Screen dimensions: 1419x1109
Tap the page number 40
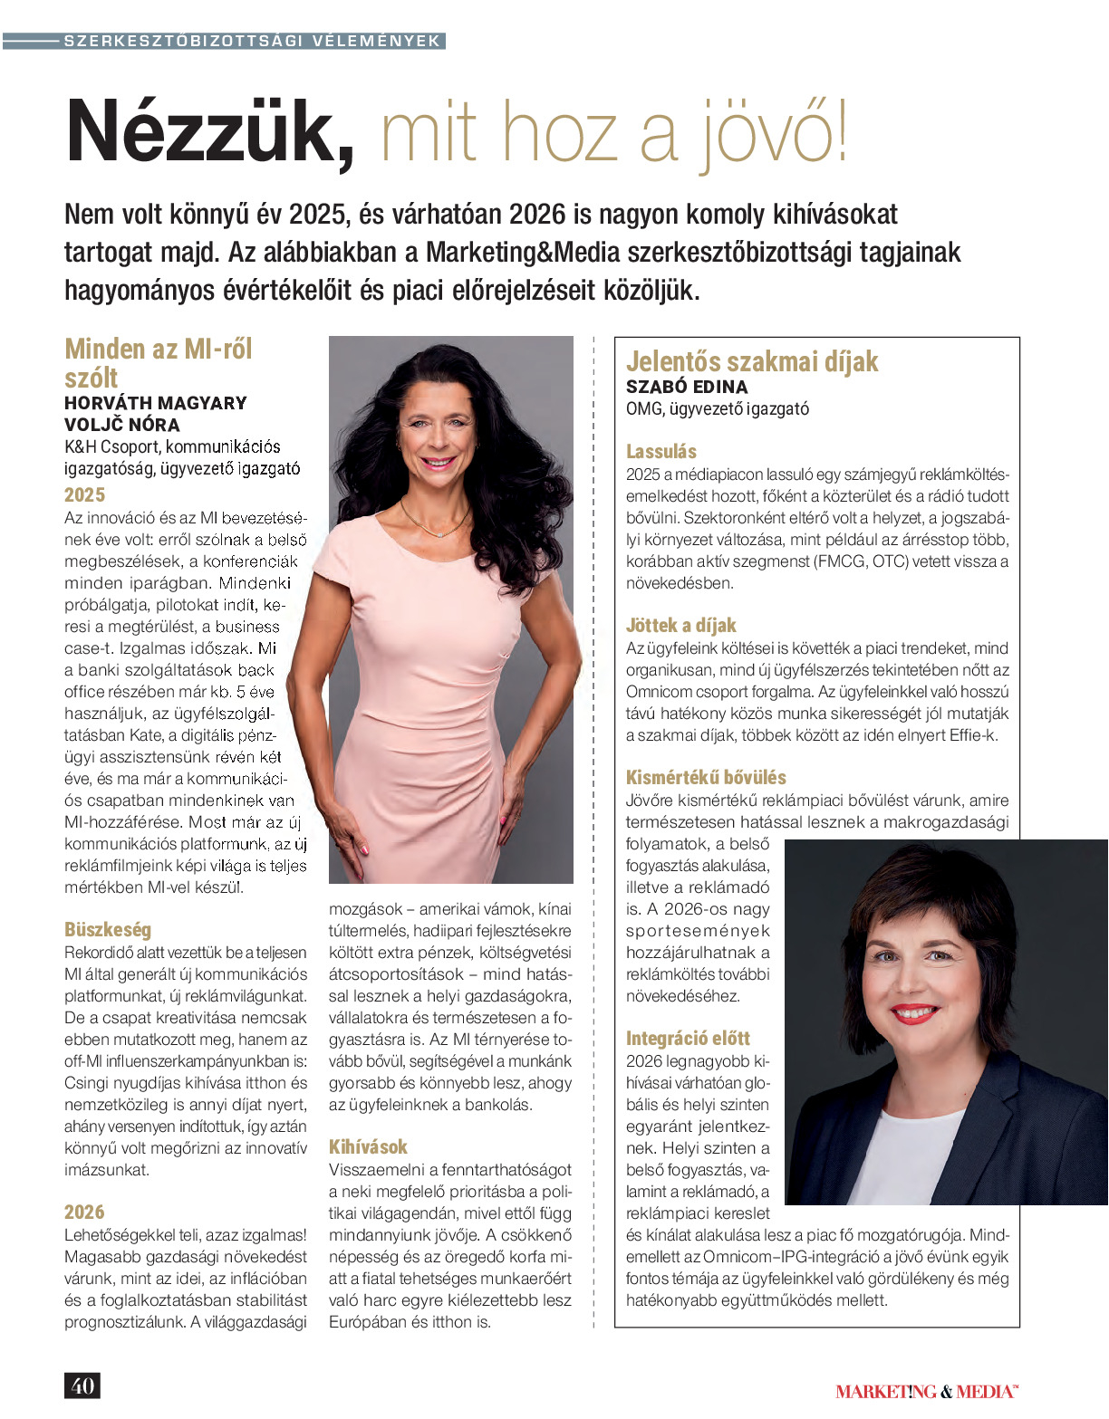[82, 1385]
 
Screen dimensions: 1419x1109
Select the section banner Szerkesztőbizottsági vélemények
[252, 41]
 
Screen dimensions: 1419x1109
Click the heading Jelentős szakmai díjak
[752, 361]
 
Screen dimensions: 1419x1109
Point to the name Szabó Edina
[687, 387]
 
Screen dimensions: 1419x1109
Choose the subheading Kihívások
[368, 1146]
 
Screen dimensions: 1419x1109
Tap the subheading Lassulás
[661, 451]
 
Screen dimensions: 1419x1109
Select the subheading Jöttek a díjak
[681, 625]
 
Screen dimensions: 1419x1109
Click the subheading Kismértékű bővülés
[706, 777]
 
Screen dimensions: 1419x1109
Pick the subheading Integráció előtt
[688, 1038]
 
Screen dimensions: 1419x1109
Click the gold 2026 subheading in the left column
[84, 1212]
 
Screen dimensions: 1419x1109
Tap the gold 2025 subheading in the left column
[84, 494]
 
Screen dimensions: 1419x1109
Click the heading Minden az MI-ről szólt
[158, 362]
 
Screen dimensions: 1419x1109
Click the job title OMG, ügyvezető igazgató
[718, 408]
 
